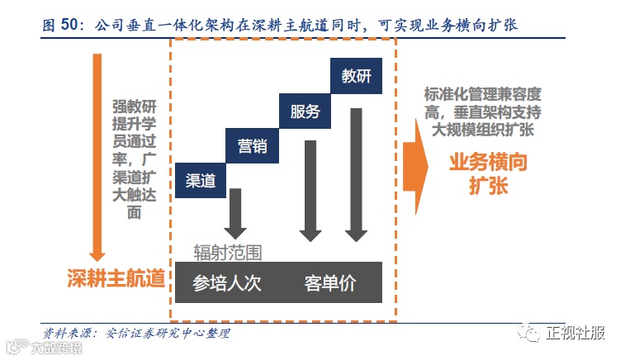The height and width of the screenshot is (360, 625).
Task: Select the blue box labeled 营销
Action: (253, 147)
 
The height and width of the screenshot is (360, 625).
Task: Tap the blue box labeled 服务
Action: (305, 111)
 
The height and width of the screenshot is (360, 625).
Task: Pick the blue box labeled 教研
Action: (356, 76)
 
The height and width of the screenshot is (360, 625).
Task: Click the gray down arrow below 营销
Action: (236, 213)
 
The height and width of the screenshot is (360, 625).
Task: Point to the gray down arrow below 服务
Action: (310, 191)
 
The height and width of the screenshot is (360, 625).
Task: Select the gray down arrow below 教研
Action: (356, 173)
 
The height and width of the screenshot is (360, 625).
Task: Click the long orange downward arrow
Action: (97, 157)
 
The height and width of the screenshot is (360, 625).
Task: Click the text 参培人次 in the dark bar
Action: (226, 283)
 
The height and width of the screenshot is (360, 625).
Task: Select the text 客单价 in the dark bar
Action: (329, 283)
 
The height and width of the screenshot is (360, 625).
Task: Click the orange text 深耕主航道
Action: (116, 277)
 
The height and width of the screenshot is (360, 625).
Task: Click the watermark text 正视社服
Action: (576, 334)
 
